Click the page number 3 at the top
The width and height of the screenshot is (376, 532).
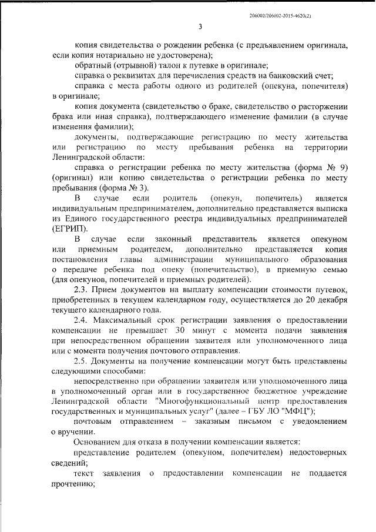pos(200,26)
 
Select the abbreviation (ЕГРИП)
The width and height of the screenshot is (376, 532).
pos(71,228)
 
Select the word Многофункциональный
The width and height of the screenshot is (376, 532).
pos(198,401)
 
